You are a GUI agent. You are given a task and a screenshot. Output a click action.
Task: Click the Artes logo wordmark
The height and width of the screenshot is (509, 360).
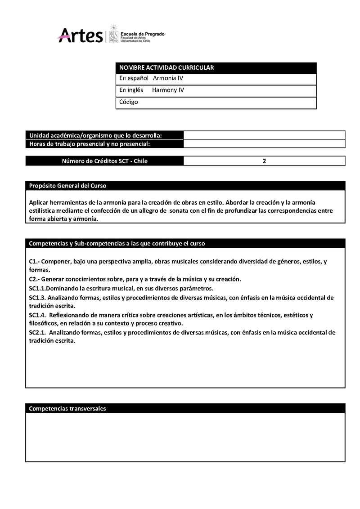(81, 35)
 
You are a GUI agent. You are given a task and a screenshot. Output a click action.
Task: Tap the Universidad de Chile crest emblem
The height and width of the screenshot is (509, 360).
(114, 35)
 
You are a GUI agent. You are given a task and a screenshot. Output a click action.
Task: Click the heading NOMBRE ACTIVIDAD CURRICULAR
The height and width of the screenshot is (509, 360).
(166, 68)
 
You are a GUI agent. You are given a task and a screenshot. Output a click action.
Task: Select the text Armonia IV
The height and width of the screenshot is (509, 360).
(168, 78)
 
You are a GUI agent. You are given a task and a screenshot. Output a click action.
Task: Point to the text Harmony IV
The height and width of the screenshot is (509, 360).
(168, 90)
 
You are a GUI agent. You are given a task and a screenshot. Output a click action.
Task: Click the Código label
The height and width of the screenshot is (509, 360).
(129, 102)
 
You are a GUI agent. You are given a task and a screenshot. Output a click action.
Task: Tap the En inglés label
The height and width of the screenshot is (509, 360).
(131, 90)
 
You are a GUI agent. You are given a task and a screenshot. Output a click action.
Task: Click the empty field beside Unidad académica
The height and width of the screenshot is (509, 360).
(264, 135)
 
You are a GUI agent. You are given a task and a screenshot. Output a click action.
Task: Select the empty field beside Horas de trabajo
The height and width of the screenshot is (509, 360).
(264, 144)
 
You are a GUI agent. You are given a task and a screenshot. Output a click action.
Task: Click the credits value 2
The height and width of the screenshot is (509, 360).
(264, 161)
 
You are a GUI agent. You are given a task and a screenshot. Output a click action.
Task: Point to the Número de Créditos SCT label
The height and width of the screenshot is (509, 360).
(104, 161)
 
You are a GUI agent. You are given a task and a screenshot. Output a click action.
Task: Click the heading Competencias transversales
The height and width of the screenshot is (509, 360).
(67, 409)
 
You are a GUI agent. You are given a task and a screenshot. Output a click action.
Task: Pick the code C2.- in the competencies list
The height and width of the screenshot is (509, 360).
(35, 279)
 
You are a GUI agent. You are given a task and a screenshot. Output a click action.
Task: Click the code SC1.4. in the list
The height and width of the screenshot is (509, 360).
(38, 315)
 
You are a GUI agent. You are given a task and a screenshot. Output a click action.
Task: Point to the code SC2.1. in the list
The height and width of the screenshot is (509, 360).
(38, 333)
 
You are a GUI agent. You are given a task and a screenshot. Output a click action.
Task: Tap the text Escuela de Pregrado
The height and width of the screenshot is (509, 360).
(143, 34)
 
